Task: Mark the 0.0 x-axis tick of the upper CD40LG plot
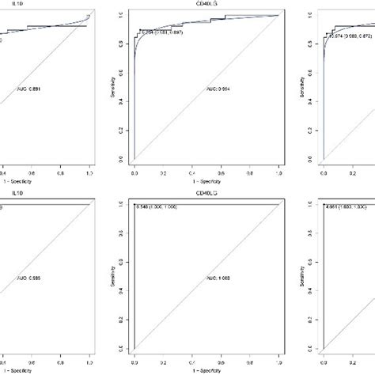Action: (x=134, y=171)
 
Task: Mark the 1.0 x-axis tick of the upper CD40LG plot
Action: (x=279, y=171)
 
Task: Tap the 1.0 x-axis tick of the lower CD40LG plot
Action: (x=279, y=360)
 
